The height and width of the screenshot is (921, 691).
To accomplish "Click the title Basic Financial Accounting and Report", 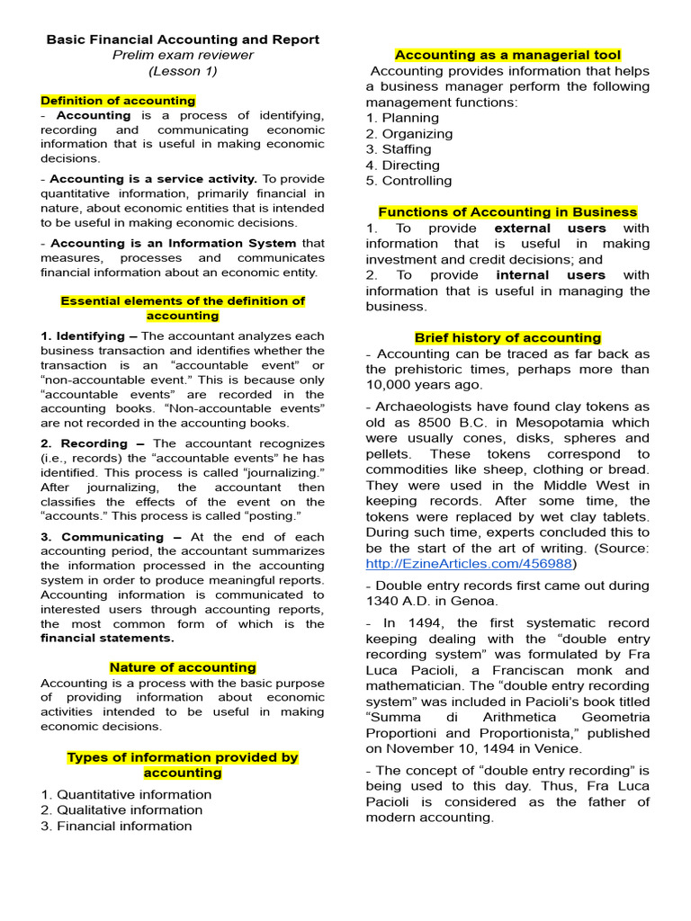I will (183, 40).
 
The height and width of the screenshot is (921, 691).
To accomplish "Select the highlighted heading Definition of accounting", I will (118, 101).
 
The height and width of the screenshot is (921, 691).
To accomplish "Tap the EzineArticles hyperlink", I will (469, 564).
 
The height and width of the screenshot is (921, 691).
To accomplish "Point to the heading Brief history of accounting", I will (507, 338).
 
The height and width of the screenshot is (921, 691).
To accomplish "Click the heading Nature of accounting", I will (183, 667).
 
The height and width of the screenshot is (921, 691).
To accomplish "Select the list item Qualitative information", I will (121, 809).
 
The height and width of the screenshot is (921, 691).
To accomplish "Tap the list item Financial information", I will (116, 826).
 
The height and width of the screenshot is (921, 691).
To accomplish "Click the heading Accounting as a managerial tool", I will (507, 55).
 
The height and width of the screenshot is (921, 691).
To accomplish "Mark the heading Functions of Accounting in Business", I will (507, 212).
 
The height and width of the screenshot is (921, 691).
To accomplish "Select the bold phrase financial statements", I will (108, 638).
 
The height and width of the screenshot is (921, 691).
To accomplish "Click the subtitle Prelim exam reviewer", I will (183, 55).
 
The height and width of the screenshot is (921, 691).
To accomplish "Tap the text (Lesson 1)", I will (183, 71).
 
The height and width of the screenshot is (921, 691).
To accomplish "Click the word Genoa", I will (478, 601).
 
